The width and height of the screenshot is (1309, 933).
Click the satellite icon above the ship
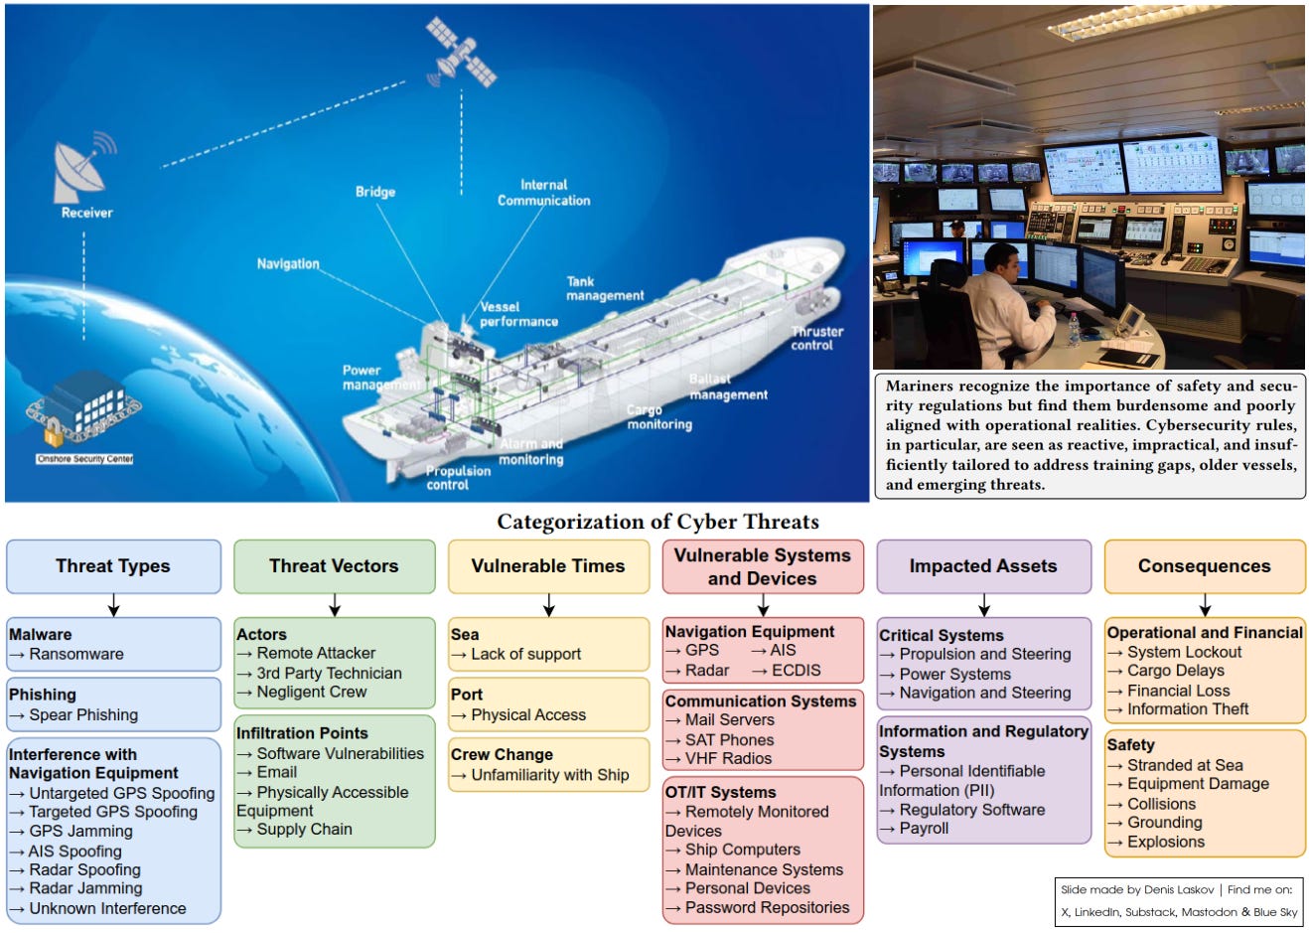(461, 52)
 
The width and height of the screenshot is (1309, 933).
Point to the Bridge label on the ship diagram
(375, 192)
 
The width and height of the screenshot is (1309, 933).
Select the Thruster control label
(816, 338)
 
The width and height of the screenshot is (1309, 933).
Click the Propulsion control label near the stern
(458, 478)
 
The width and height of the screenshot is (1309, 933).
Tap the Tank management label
(605, 288)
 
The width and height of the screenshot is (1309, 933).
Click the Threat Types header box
(113, 566)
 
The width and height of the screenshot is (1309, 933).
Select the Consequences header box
(1204, 566)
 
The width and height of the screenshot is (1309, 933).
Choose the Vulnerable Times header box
(548, 566)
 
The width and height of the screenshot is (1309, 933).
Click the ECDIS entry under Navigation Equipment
(796, 670)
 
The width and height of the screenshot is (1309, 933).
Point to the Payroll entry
(924, 828)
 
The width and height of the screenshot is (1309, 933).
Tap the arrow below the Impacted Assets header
(983, 604)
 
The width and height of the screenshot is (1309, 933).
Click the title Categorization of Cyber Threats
(657, 522)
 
